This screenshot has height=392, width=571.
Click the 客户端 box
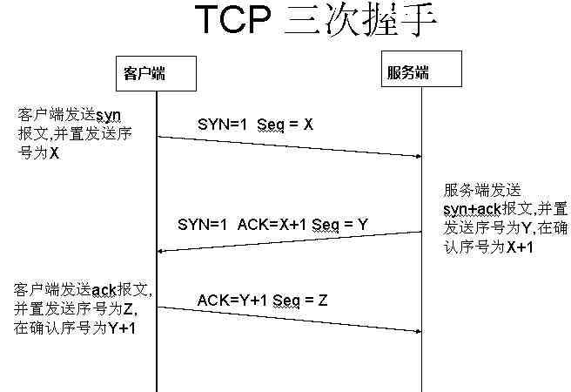140,74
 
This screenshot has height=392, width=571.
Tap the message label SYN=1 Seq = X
255,125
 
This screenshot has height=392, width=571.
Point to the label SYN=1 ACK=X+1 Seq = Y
272,224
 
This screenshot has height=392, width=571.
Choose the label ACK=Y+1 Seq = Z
262,300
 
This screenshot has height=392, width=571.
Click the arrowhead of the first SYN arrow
418,156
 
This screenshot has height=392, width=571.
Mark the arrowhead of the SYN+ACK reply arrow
161,252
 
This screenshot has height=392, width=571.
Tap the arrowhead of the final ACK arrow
418,331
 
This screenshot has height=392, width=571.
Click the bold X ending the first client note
54,152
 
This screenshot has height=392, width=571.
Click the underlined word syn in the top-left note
107,115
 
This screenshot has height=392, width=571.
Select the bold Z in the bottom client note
130,308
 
